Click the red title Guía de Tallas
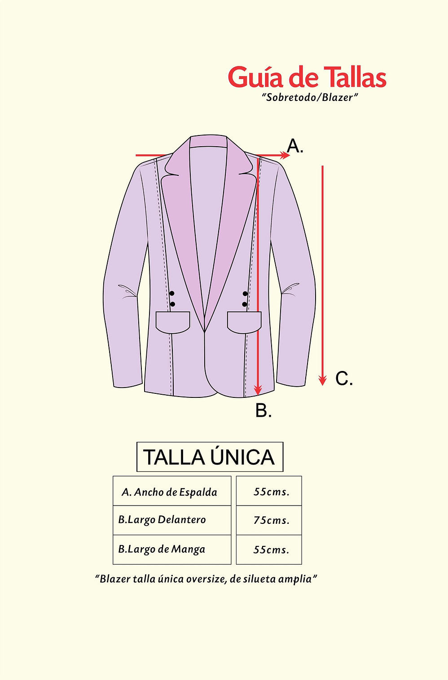point(307,78)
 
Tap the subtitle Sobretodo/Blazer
point(310,97)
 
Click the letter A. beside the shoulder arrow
point(295,146)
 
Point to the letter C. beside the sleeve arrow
point(344,379)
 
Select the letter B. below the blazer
point(264,410)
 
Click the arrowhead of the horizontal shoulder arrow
point(285,156)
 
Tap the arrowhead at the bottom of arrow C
point(323,380)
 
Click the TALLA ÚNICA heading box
point(210,457)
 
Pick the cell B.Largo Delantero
point(172,520)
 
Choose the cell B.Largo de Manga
point(172,549)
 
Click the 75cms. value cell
point(269,520)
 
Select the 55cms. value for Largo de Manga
point(269,549)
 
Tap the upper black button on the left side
point(172,293)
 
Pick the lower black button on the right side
point(245,304)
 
